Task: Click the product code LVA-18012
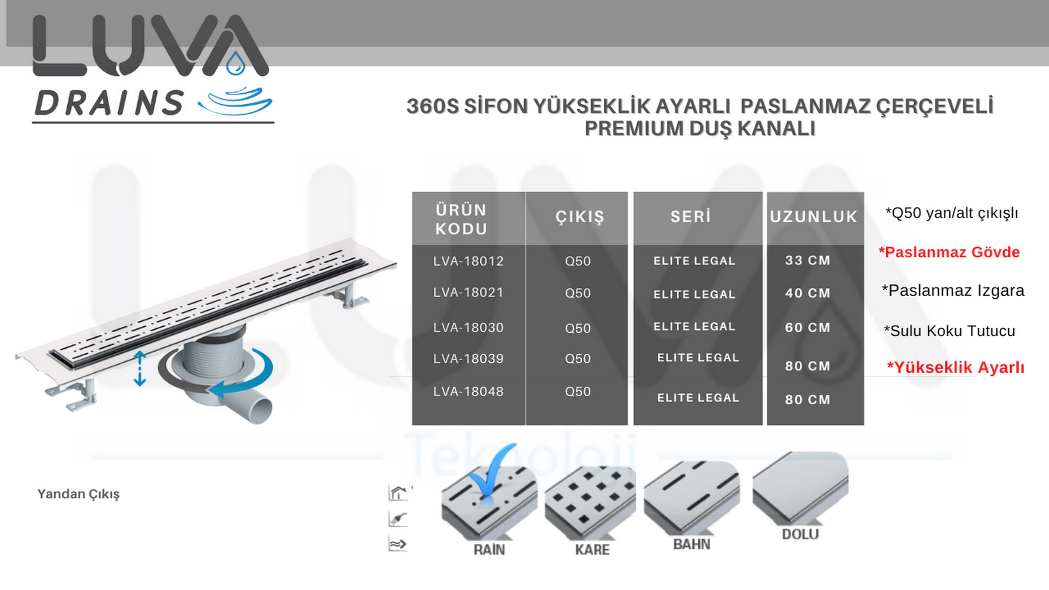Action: click(468, 261)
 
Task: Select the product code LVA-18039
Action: click(468, 359)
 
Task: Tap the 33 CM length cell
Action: click(808, 261)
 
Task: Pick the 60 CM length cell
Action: click(808, 328)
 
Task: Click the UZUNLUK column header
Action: click(814, 217)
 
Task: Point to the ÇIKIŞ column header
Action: click(580, 217)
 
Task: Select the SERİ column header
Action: click(691, 216)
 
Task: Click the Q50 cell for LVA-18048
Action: click(577, 392)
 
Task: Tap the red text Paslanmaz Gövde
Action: click(949, 252)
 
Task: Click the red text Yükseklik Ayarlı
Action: click(955, 368)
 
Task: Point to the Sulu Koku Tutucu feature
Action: click(950, 331)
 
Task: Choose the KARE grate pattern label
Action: click(592, 550)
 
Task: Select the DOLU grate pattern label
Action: click(800, 534)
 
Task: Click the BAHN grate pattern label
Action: click(692, 544)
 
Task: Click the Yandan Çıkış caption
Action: click(79, 494)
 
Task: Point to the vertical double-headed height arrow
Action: click(140, 369)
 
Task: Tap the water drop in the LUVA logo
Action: click(236, 63)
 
